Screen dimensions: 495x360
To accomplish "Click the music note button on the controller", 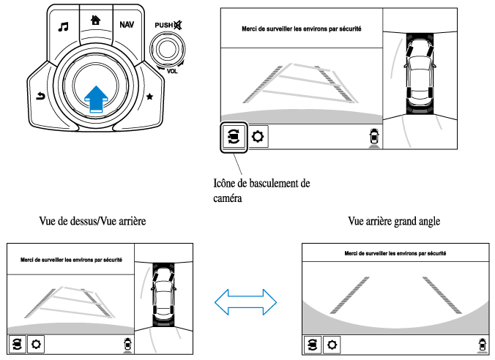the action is (63, 27).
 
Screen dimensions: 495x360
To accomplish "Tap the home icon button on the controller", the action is (96, 20).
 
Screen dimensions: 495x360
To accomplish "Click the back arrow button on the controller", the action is (41, 96).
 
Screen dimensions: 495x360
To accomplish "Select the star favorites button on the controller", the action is (149, 97).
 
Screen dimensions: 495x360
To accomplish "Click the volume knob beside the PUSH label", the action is (167, 50).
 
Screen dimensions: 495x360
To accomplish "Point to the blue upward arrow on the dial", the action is (96, 99).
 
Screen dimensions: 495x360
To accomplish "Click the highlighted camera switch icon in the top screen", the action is (234, 137).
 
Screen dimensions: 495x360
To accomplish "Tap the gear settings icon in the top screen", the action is (258, 137).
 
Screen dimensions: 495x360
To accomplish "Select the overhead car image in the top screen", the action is (420, 73).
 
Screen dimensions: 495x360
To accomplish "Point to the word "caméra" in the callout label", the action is (228, 198).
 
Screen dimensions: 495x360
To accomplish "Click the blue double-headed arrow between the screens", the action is (245, 302).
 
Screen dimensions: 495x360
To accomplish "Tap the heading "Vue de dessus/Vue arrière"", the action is (92, 221).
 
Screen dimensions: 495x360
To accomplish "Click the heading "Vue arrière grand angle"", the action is (394, 221).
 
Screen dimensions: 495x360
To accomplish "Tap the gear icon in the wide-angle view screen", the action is (332, 345).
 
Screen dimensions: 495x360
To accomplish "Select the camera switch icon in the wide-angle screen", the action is (313, 345).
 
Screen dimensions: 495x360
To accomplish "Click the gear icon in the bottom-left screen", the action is (36, 344).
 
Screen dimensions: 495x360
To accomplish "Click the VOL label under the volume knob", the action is (172, 71).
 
